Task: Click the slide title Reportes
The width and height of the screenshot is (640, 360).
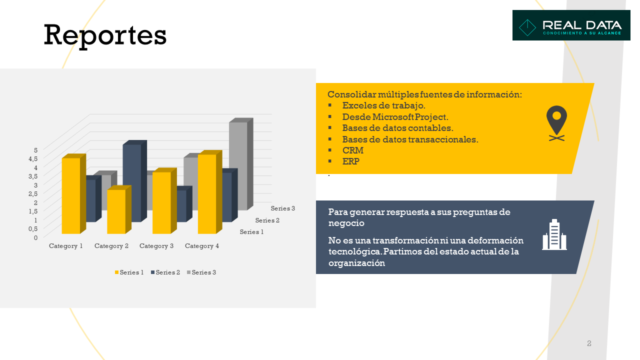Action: (x=105, y=36)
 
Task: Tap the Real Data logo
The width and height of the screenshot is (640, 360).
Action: (x=571, y=25)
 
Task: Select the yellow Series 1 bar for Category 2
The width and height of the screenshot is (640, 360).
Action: (x=119, y=209)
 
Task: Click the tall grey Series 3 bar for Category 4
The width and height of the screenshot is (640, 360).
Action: (x=241, y=164)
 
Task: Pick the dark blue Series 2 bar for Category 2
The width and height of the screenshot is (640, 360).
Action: (x=134, y=181)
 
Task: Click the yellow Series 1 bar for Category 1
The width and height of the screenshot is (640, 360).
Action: (x=73, y=194)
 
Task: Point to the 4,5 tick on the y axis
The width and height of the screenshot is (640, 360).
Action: (x=33, y=159)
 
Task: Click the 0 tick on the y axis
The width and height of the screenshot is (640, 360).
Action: (x=35, y=237)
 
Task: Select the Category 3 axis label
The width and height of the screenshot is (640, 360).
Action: (x=156, y=246)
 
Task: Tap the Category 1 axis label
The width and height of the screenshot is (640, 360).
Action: (x=65, y=246)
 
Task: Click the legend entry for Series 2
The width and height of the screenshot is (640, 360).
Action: (x=165, y=272)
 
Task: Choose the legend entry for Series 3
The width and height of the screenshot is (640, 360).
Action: (x=201, y=272)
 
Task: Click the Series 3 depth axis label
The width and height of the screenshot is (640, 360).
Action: (x=283, y=208)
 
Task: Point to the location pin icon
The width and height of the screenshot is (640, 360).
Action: (x=556, y=123)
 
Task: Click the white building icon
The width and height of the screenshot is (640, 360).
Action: (x=554, y=234)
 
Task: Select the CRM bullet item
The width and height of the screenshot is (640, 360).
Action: (x=353, y=150)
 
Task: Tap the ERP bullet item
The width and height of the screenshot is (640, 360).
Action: (x=351, y=161)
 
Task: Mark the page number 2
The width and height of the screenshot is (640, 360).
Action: (x=589, y=343)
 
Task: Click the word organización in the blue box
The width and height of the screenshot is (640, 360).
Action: (x=356, y=263)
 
